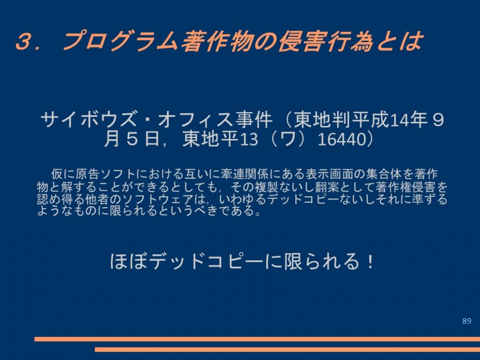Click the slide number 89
pos(466,321)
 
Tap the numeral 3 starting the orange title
pos(24,41)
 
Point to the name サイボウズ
pos(89,120)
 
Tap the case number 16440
pos(341,139)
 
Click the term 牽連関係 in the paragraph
pos(244,174)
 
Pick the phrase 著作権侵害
pos(405,187)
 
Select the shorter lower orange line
pos(287,349)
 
